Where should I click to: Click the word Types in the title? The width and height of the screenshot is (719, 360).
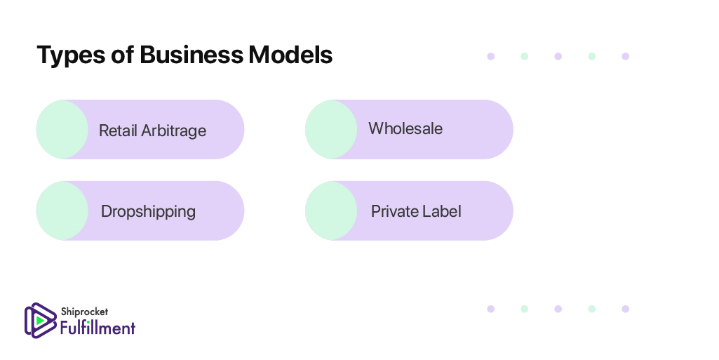(71, 55)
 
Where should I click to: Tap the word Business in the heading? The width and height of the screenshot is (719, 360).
(191, 55)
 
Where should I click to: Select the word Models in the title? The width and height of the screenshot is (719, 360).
(290, 55)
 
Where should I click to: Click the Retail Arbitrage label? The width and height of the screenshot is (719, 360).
(153, 131)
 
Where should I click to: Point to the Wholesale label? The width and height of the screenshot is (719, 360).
(405, 128)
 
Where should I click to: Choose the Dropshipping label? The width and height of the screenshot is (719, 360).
(148, 212)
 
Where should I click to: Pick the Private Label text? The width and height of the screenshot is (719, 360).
(416, 211)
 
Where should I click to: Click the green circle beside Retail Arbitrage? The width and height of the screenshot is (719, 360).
(62, 129)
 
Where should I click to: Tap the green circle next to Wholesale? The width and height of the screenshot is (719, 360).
(331, 129)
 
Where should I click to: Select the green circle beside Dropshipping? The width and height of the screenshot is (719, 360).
(62, 211)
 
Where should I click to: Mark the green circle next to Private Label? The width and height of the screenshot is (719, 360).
(331, 211)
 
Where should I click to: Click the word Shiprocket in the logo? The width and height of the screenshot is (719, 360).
(84, 312)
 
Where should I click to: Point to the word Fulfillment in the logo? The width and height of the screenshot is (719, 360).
(98, 328)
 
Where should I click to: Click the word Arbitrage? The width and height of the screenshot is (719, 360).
(174, 131)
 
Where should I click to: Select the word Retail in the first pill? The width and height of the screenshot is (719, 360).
(118, 131)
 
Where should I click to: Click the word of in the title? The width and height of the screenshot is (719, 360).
(123, 55)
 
